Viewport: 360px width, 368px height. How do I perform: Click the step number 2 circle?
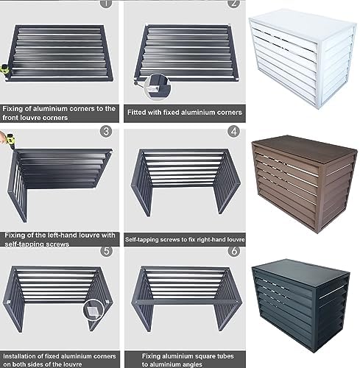point(234,4)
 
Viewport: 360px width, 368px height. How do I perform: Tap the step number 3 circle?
point(106,132)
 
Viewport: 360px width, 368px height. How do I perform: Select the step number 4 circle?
point(234,132)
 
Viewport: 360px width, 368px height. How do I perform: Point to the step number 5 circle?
point(106,250)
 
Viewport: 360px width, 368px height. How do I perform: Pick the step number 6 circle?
point(234,250)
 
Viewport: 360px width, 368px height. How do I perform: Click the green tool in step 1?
point(5,68)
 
